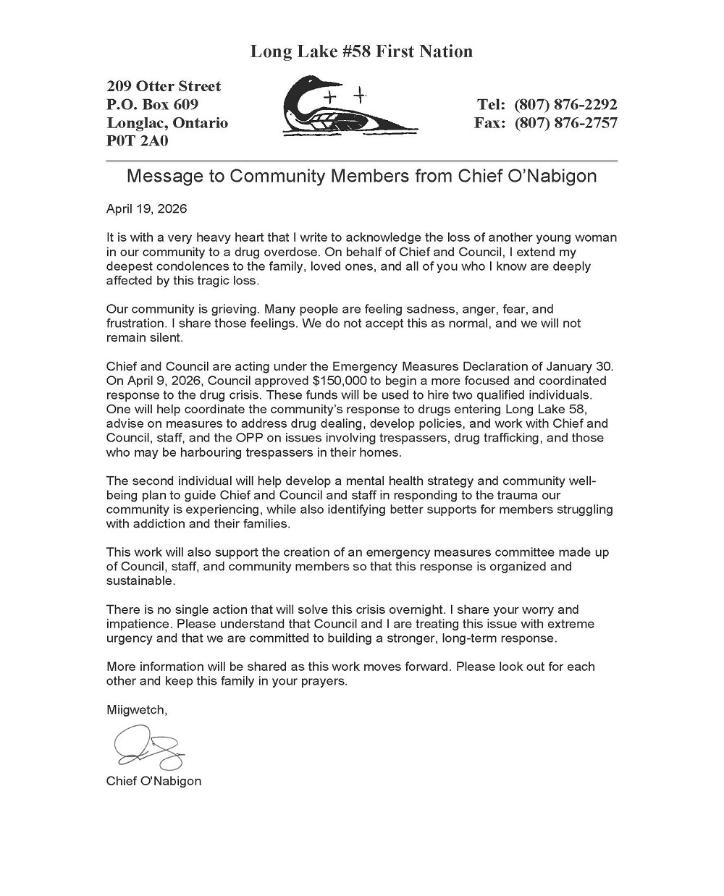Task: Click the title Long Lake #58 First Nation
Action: click(361, 51)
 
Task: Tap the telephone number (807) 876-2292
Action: click(565, 104)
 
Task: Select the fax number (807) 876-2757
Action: click(565, 123)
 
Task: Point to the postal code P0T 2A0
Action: click(137, 141)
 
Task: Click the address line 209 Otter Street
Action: click(164, 86)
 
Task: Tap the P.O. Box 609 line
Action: click(152, 104)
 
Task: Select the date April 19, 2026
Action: click(146, 209)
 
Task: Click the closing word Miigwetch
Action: click(135, 710)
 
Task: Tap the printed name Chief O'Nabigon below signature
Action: click(153, 781)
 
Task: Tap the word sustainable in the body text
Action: click(140, 580)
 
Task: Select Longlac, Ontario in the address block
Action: click(167, 123)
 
